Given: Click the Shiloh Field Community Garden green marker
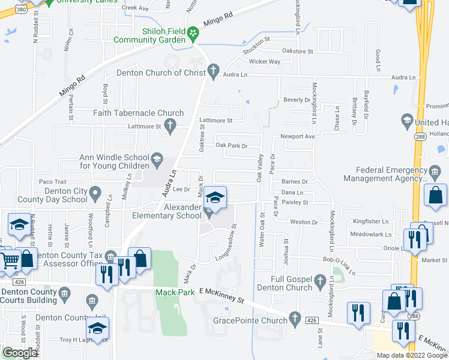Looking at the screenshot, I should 193,32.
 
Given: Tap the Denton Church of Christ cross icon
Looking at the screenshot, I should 212,73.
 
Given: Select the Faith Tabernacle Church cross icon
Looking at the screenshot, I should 170,125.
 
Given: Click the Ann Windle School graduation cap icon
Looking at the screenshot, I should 157,159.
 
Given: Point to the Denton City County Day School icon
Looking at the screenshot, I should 94,193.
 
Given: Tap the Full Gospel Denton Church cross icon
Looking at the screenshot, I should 321,280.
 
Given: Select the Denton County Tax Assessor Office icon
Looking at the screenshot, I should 109,257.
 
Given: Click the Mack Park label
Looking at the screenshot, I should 173,292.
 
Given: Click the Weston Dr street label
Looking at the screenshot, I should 304,222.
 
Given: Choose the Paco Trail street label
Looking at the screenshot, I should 52,181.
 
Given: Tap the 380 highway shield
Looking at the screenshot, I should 21,10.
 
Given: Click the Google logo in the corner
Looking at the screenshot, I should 20,353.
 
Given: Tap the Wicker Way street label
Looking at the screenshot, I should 265,61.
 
